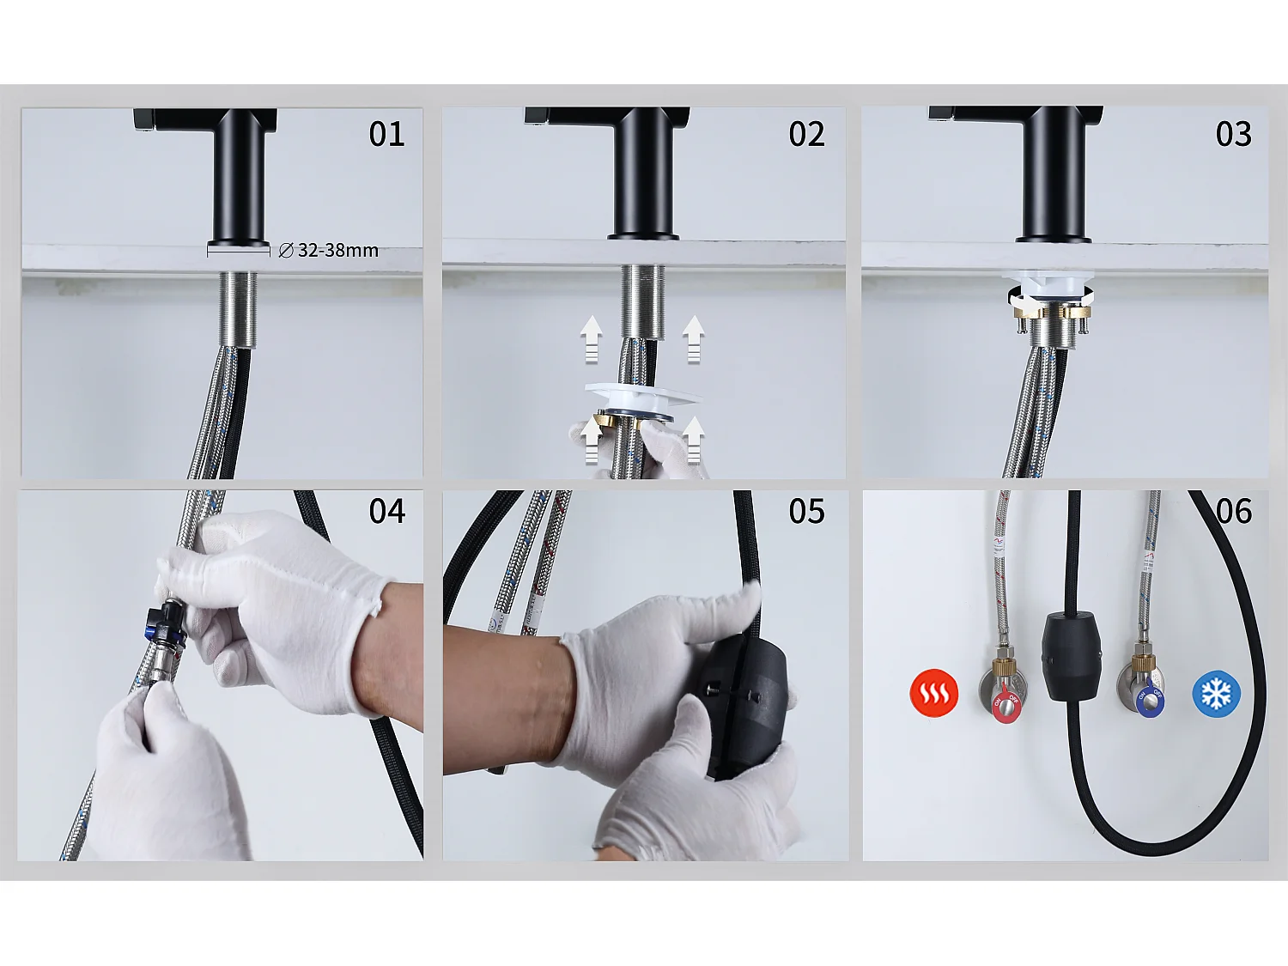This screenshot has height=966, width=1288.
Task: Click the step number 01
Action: pos(386,134)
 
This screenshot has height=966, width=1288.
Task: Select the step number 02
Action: pos(806,134)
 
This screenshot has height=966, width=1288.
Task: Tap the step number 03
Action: pos(1233,134)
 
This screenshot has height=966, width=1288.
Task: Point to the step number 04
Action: pos(386,511)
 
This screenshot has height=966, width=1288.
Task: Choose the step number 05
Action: pos(806,511)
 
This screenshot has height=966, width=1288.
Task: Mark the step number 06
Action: pos(1233,511)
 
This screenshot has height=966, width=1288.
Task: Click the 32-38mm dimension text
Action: pos(337,250)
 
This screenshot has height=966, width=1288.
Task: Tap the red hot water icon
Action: pos(933,692)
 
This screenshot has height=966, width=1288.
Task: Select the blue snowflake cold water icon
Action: pos(1216,693)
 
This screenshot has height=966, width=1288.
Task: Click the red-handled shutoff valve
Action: pos(1005,697)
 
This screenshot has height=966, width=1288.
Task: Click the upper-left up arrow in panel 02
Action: pos(591,337)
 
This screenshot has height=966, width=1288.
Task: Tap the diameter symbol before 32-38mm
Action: pos(286,250)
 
